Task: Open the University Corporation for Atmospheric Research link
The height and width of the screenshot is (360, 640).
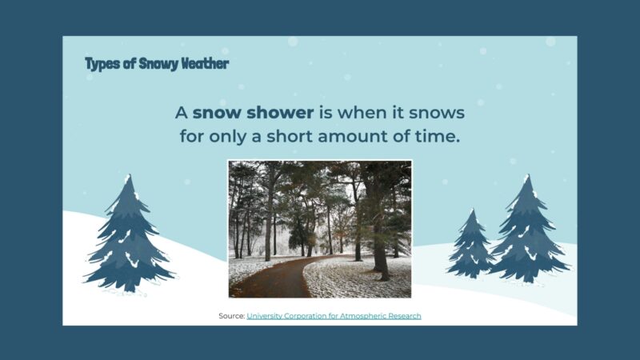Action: point(334,316)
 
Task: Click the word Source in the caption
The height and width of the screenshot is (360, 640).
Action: point(231,316)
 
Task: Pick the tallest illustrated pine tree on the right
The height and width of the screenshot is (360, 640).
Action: point(526,232)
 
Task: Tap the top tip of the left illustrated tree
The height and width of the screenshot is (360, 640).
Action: point(127,177)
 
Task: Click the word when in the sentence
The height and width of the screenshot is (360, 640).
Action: point(371,112)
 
